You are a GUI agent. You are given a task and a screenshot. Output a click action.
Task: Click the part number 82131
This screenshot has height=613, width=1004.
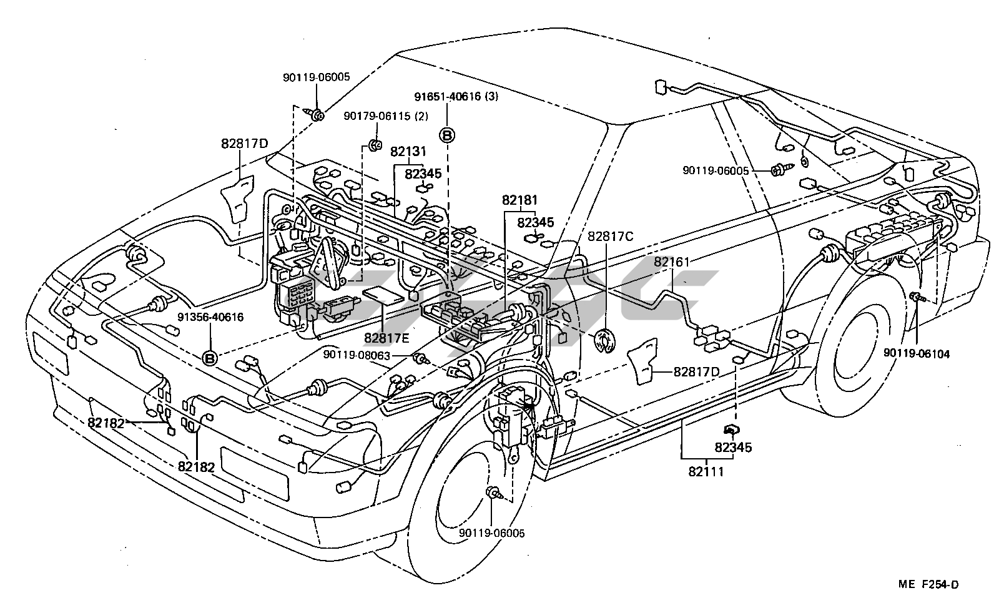[408, 152]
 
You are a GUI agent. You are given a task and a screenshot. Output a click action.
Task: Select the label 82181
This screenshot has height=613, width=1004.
[519, 201]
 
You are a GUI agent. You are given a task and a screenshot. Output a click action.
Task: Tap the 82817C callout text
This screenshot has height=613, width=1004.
[610, 236]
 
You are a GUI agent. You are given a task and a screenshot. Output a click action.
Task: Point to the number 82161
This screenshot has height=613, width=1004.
[672, 262]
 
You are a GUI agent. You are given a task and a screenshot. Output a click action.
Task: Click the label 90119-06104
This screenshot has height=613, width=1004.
[916, 354]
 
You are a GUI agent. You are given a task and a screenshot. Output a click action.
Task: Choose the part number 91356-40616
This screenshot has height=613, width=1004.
[210, 317]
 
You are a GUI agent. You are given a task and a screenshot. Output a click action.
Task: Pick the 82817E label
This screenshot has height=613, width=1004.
[386, 338]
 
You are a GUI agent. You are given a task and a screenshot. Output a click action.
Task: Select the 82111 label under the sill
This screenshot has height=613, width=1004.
[706, 472]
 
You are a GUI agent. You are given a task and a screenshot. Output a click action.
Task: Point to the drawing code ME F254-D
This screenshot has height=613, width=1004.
[928, 584]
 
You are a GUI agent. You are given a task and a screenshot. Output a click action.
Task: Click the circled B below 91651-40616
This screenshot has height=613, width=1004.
[448, 134]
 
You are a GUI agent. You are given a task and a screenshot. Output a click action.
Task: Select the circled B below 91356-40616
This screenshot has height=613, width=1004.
[210, 358]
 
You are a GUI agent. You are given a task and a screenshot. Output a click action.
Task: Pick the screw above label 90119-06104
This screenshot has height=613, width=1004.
[916, 297]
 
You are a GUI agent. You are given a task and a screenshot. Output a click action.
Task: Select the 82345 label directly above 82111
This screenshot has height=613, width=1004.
[733, 448]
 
